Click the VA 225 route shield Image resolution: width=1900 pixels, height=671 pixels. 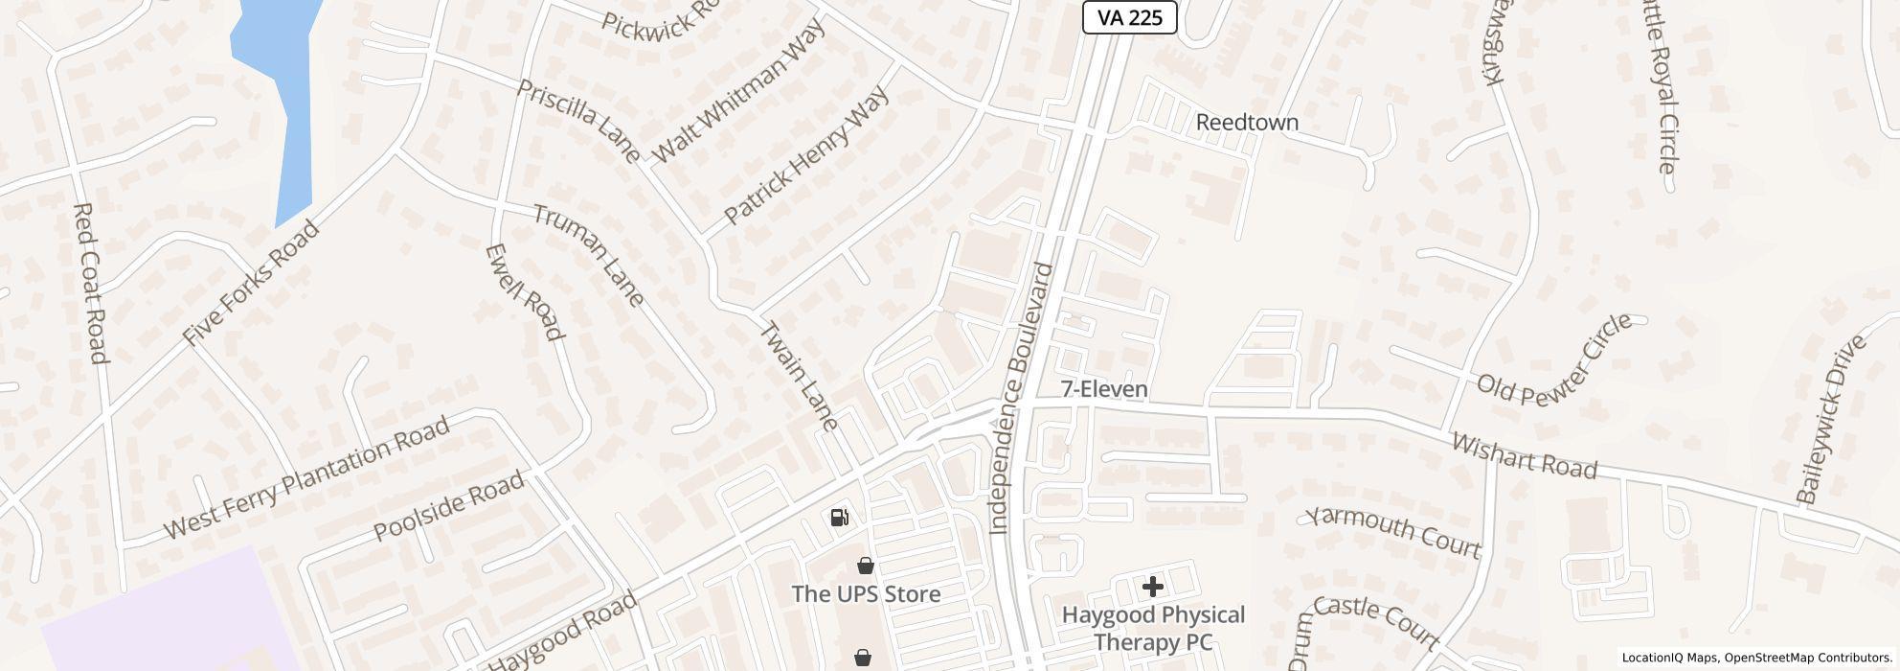pos(1129,16)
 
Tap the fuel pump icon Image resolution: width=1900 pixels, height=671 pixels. pos(839,518)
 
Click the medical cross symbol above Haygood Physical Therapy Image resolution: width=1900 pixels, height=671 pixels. pos(1152,586)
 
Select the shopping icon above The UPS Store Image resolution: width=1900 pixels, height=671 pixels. pos(866,566)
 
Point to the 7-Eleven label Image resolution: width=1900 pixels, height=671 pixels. pos(1104,389)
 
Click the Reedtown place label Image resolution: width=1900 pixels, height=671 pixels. pos(1247,123)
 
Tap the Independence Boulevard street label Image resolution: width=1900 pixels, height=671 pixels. pos(1020,399)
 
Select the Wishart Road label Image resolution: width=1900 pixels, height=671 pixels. pos(1524,455)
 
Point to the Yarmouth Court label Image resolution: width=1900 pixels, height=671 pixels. pos(1393,531)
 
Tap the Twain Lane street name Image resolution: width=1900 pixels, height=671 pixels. pos(799,376)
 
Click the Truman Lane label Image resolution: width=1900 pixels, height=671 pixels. pos(588,255)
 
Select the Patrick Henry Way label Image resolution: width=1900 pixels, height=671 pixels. pos(806,155)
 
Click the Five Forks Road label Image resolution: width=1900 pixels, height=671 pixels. pos(250,283)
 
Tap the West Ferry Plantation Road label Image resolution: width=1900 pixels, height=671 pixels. pos(306,477)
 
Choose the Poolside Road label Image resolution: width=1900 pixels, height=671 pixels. pos(448,505)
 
